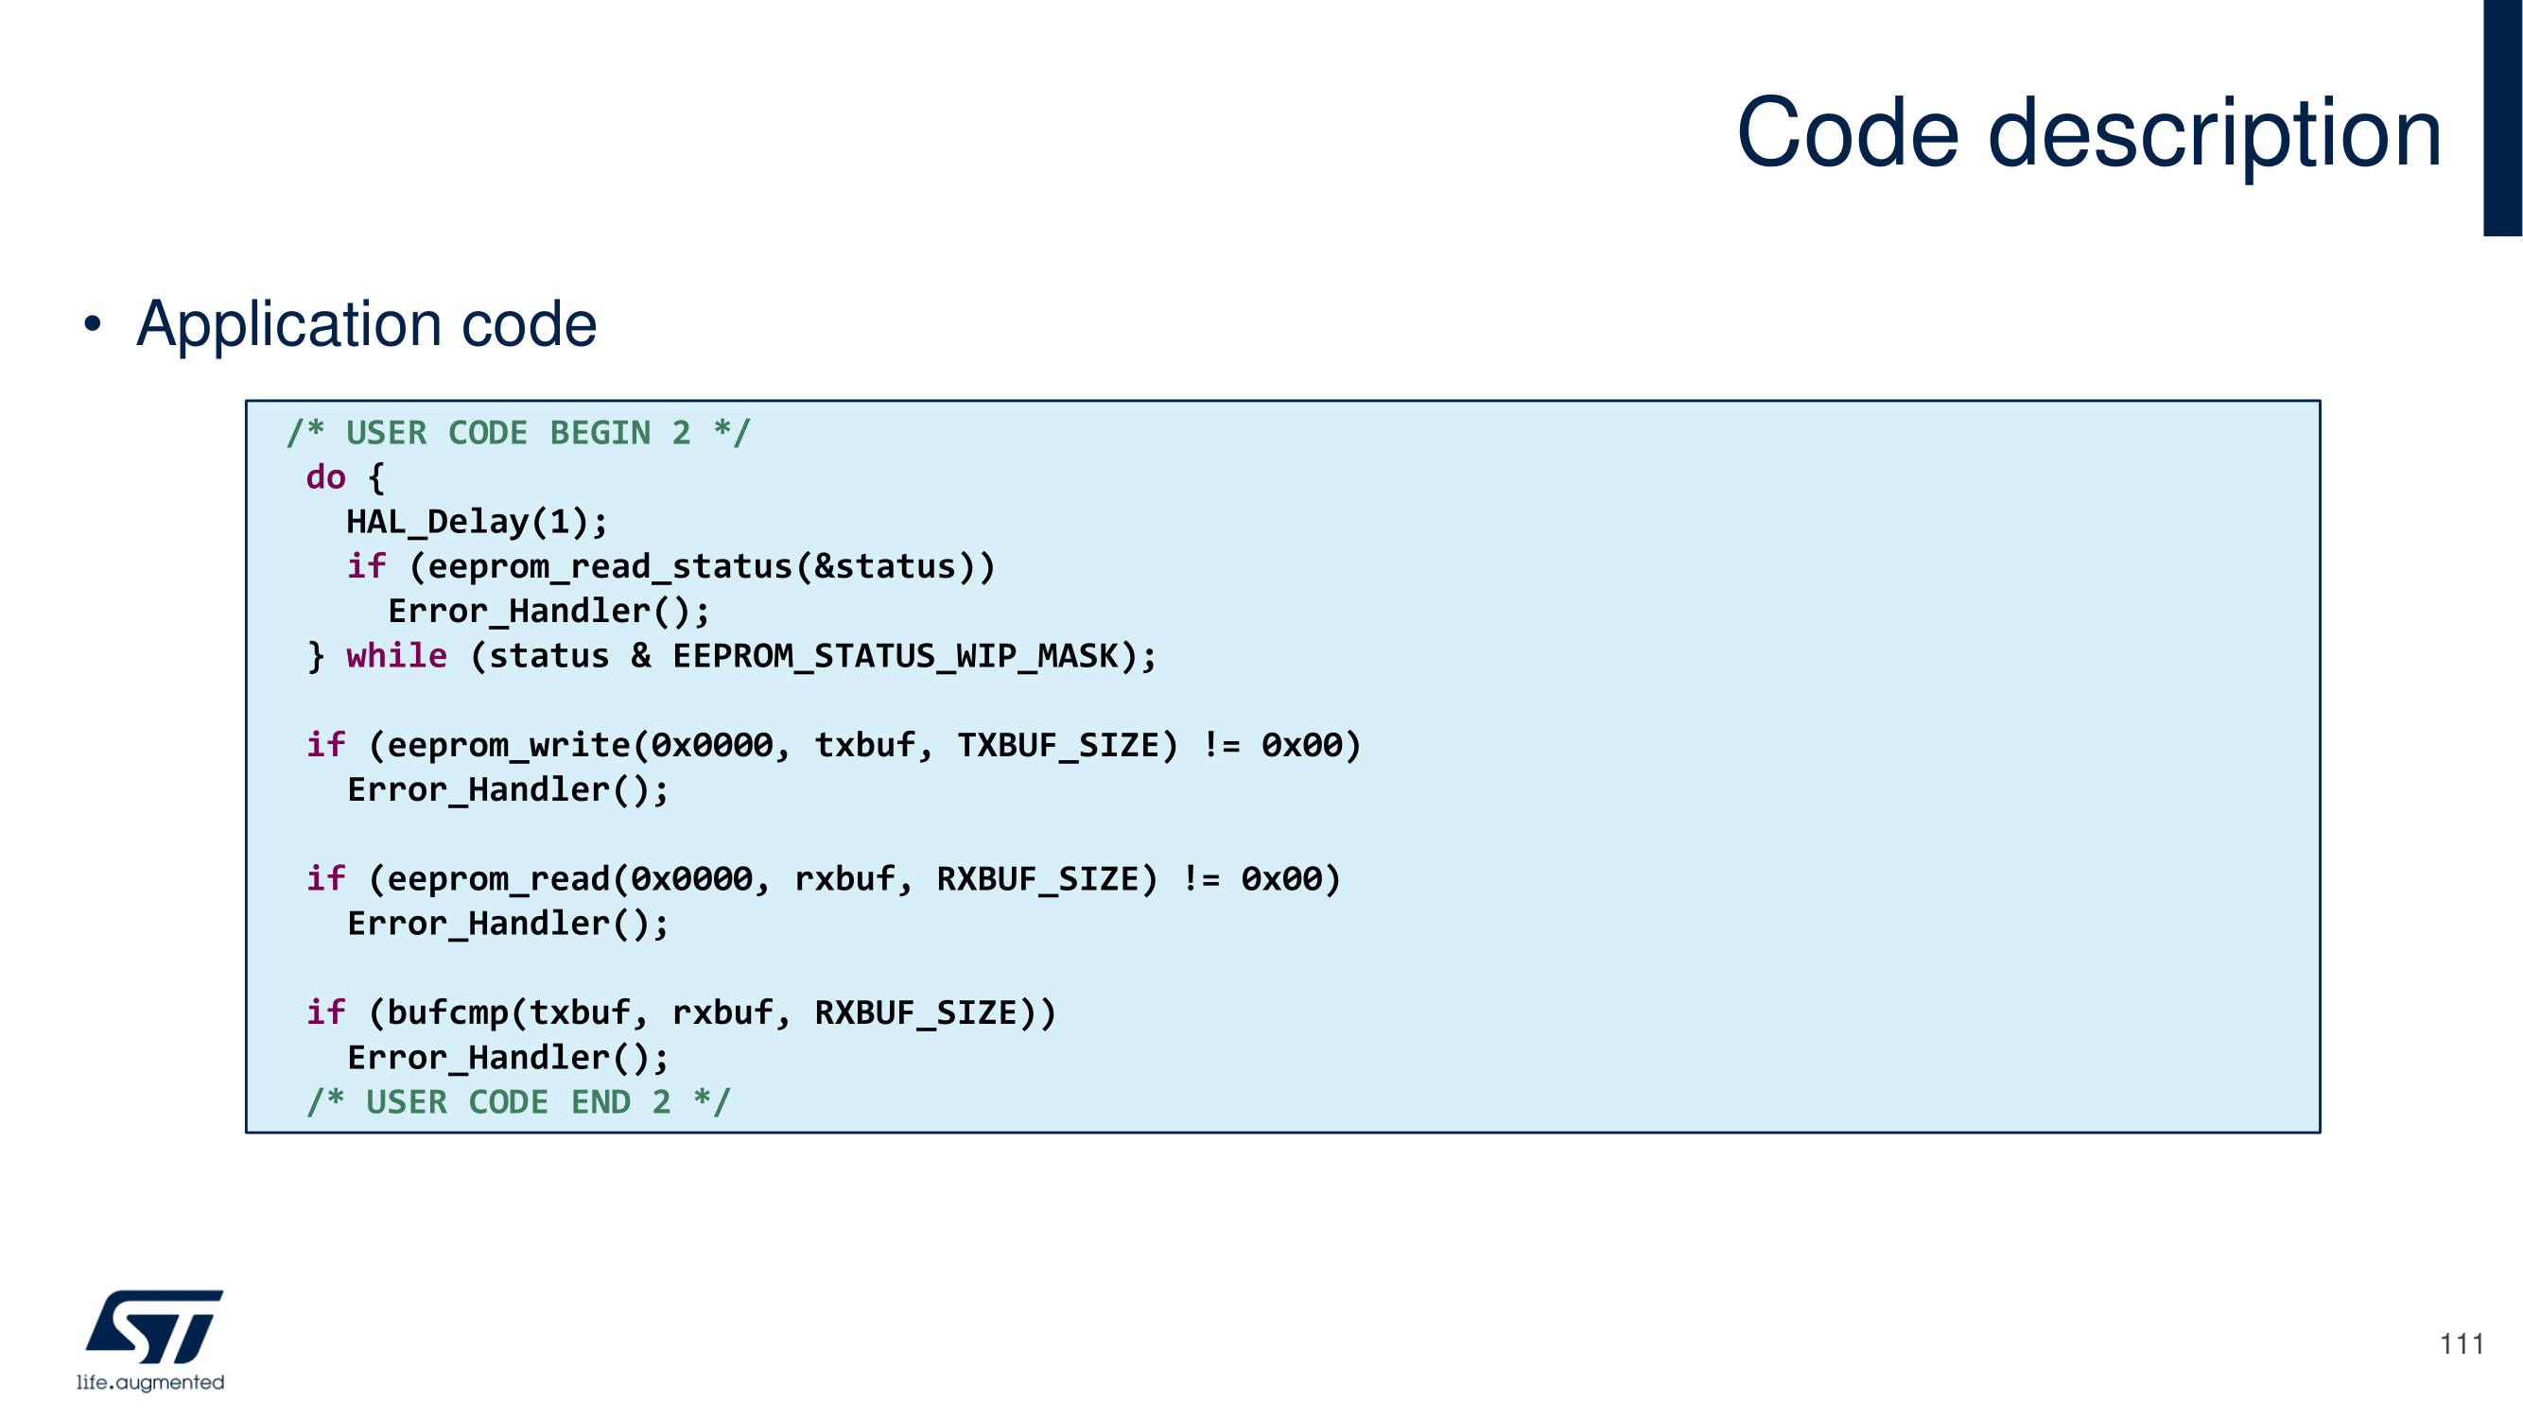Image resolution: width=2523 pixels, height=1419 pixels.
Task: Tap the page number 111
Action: click(x=2461, y=1343)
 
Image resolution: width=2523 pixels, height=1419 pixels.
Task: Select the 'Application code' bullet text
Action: click(x=366, y=324)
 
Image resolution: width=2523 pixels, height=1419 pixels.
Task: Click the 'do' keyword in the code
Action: click(x=325, y=478)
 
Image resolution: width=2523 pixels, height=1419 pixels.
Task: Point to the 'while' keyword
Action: click(x=396, y=655)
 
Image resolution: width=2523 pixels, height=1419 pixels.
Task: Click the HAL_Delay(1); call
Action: click(x=477, y=522)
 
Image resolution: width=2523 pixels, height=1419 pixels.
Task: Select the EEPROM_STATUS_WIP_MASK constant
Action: click(x=896, y=655)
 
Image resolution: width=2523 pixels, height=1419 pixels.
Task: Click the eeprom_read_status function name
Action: click(x=610, y=567)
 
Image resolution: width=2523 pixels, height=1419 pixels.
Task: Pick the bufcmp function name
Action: click(x=447, y=1012)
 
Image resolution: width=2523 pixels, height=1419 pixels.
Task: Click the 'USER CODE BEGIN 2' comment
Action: click(x=518, y=433)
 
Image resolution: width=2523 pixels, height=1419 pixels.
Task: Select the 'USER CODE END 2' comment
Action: click(x=518, y=1102)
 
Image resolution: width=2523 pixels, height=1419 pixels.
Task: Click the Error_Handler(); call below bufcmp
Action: click(x=507, y=1058)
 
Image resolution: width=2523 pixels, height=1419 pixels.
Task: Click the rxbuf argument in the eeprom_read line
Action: click(x=844, y=879)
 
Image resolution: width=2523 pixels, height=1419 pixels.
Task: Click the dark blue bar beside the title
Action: click(x=2502, y=117)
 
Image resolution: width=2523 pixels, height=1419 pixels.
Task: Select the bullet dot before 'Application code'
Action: click(x=92, y=324)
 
